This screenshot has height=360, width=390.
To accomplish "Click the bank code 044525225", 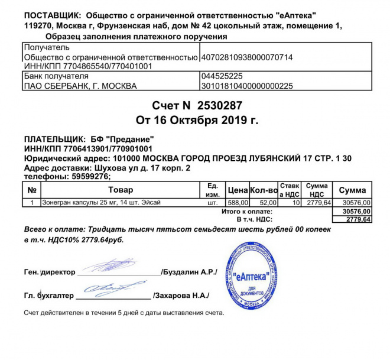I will [222, 76].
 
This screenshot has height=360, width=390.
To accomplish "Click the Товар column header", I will [121, 190].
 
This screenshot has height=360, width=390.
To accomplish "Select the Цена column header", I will [238, 190].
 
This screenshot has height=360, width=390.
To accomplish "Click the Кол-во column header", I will [264, 190].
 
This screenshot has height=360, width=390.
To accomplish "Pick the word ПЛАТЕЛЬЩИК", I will [50, 138].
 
